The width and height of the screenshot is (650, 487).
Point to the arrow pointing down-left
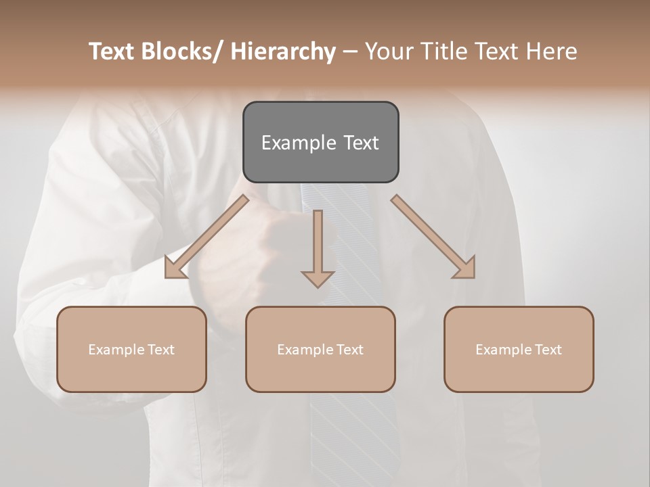coord(207,237)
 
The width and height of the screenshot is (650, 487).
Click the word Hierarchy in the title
coord(283,51)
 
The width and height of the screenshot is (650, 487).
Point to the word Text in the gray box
coord(361,143)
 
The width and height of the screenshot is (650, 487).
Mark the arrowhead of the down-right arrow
coord(465,268)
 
